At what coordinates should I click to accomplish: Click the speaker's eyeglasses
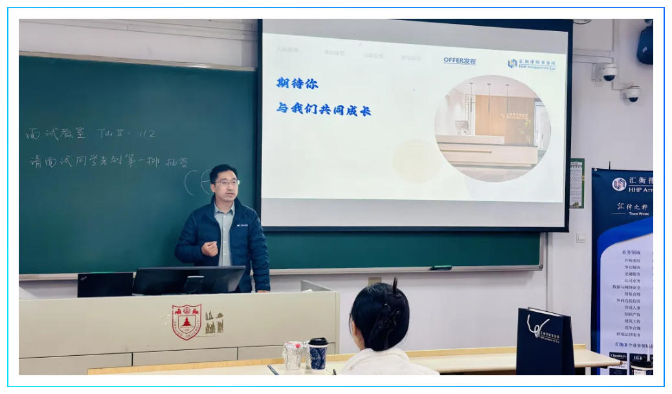click(226, 183)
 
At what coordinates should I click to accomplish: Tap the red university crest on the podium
click(186, 322)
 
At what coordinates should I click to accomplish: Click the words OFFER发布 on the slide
click(460, 61)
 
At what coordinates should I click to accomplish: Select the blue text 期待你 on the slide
click(297, 83)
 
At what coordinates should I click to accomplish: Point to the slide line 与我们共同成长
click(324, 109)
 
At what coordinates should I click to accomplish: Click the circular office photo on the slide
click(492, 128)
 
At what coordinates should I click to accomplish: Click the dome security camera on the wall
click(609, 73)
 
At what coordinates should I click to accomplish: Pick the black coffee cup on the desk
click(317, 353)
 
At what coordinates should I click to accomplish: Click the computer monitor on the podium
click(189, 280)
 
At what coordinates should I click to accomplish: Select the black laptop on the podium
click(105, 285)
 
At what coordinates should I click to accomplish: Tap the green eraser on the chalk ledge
click(442, 267)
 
